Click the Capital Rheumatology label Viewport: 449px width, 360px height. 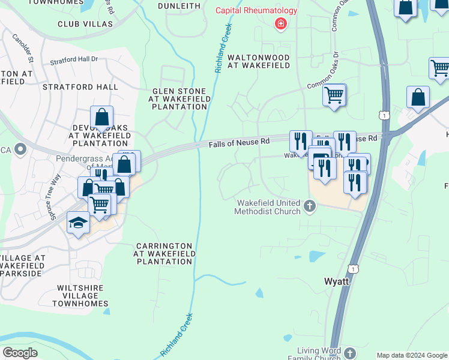258,10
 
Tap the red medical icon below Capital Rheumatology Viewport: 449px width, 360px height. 279,24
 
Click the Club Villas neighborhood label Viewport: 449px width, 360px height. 85,23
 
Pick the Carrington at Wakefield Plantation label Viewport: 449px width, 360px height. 164,254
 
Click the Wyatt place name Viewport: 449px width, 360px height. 337,281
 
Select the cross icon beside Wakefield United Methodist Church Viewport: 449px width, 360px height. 310,207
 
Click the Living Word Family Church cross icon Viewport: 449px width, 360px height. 350,353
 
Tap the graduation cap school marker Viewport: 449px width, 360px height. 77,223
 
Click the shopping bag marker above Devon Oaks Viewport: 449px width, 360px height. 101,117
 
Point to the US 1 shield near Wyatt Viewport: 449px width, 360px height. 355,270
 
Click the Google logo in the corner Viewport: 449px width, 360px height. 20,353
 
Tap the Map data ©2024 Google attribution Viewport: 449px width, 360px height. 412,355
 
